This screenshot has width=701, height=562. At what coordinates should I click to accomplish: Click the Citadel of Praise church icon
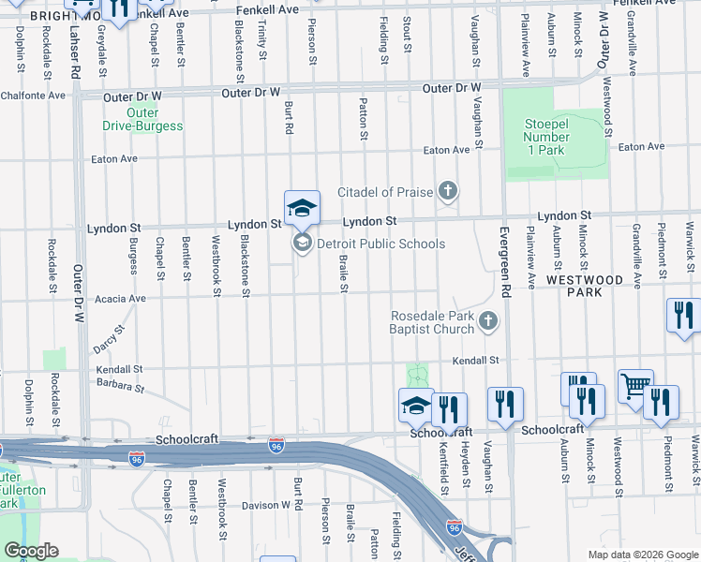(448, 192)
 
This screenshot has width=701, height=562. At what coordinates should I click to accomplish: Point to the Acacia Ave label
(118, 299)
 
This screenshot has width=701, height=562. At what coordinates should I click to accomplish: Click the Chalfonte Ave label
(33, 95)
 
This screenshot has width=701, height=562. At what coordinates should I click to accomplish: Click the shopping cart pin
(635, 385)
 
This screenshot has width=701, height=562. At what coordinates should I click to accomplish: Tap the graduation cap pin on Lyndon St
(302, 208)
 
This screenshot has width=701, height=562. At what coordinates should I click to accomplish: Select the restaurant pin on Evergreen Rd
(505, 404)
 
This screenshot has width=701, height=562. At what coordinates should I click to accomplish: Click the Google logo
(31, 551)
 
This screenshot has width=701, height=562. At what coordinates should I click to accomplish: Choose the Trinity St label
(263, 42)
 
